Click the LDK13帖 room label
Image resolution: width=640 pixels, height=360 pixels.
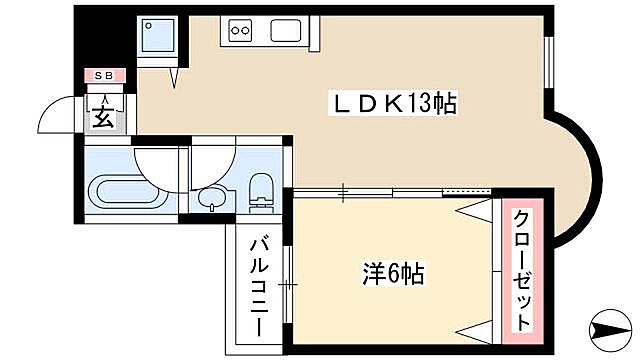[x=393, y=103]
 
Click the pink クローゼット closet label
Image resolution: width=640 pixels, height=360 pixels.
[x=522, y=270]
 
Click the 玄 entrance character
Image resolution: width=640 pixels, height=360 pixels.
[x=104, y=117]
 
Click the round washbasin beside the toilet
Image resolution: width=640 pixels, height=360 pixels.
[x=212, y=198]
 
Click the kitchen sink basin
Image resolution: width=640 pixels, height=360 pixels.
[x=286, y=30]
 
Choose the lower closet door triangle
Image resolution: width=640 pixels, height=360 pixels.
[x=476, y=329]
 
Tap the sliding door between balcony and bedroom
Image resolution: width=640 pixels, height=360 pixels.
[x=288, y=285]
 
